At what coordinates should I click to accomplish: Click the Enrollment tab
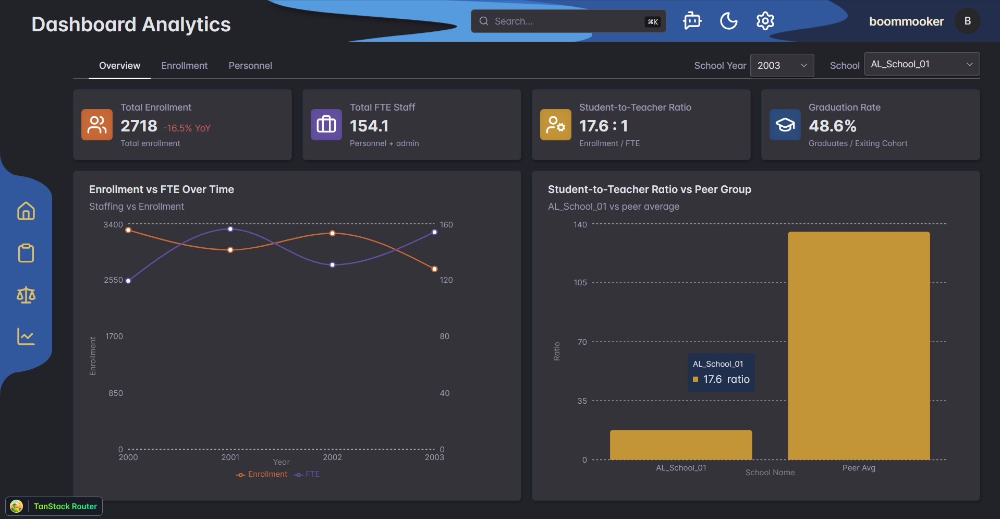point(184,66)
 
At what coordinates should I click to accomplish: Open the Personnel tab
point(250,66)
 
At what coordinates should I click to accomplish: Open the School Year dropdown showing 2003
point(782,66)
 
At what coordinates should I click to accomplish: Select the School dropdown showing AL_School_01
point(921,64)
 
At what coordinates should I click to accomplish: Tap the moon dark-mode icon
point(728,21)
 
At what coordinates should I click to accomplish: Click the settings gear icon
point(765,21)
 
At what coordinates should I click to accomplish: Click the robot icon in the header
point(692,21)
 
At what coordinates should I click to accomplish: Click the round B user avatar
point(967,21)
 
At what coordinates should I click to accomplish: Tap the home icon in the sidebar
point(26,211)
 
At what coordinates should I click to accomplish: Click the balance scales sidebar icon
point(26,295)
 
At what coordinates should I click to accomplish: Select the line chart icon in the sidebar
point(26,336)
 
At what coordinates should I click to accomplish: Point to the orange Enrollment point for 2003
point(435,269)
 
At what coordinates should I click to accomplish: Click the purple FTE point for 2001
point(230,229)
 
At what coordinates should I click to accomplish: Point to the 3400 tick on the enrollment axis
point(113,225)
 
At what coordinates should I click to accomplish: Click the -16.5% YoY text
point(187,128)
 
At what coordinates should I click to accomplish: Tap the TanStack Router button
point(54,506)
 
